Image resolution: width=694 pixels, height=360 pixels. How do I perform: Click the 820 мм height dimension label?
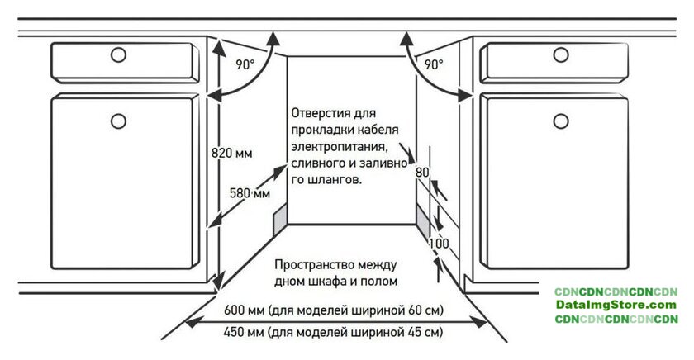point(232,153)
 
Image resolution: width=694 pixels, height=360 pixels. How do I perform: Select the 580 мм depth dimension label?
point(250,193)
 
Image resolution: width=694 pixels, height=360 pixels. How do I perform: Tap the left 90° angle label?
point(245,64)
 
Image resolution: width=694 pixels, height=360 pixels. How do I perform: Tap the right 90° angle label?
point(434,64)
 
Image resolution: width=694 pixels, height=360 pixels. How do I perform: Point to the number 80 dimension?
point(422,172)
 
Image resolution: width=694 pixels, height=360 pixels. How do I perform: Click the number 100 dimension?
point(439,243)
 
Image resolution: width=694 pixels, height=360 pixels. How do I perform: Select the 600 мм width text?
point(333,310)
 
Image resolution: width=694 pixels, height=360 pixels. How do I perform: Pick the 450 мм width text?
point(333,332)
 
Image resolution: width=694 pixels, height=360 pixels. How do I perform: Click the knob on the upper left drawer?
point(118,54)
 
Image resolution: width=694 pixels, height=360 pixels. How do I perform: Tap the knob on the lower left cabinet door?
point(118,121)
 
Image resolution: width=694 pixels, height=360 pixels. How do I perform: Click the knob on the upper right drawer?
point(561,54)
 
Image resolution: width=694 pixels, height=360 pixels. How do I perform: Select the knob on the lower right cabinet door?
point(561,121)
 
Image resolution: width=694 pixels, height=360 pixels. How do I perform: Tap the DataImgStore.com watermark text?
point(616,305)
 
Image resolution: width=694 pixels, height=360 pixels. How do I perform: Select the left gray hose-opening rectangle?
point(280,220)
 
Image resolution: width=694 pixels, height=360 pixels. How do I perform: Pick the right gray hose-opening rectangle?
point(423,220)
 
